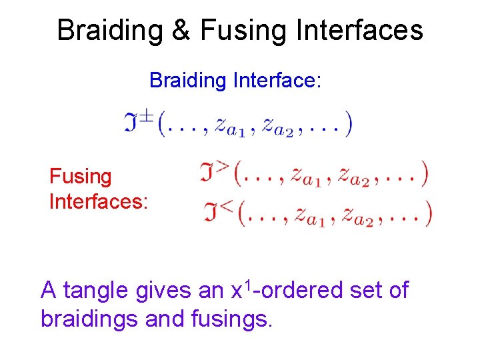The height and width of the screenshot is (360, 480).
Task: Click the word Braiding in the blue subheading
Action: (189, 81)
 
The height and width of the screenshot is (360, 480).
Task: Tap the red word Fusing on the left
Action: (81, 177)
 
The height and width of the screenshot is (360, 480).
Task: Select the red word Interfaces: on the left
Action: (98, 201)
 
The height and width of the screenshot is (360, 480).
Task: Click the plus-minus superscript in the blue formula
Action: (147, 116)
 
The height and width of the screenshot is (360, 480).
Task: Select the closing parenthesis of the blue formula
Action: (349, 125)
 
